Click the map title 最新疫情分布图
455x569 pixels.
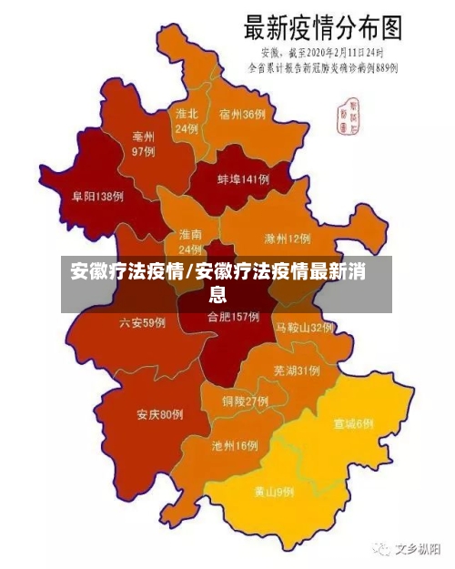[x=321, y=27]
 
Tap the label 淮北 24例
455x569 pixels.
[x=187, y=122]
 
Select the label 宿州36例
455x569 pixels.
[x=242, y=115]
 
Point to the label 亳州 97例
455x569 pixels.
[x=143, y=144]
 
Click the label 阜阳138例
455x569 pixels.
[x=97, y=197]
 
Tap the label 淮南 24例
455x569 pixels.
[x=190, y=241]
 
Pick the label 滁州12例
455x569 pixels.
[x=287, y=239]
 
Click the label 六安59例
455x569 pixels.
[x=142, y=322]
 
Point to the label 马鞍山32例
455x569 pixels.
[x=305, y=327]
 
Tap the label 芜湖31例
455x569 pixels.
[x=296, y=371]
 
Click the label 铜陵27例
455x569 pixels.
[x=245, y=401]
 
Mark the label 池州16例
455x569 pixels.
[x=235, y=446]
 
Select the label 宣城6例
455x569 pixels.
[x=353, y=423]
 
